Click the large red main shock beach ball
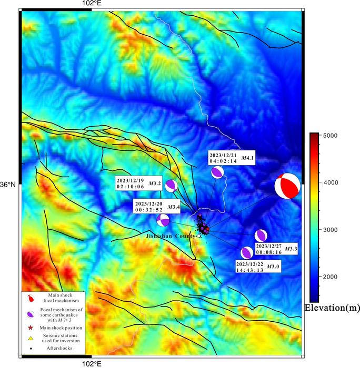coord(287,186)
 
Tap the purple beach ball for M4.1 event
coord(217,172)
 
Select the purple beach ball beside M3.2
coord(171,185)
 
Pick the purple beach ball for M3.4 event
coord(163,220)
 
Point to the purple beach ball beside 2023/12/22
coord(247,253)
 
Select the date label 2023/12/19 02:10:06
coord(129,183)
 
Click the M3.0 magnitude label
coord(273,267)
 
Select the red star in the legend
coord(31,328)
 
